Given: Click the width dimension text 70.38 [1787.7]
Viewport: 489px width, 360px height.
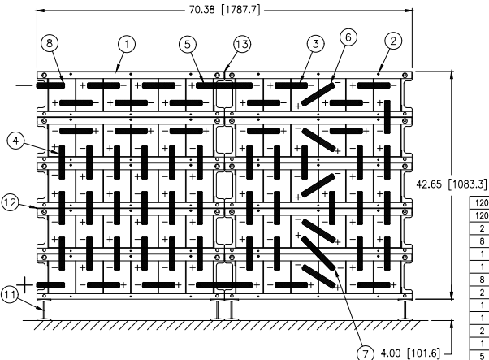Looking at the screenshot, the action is tap(224, 10).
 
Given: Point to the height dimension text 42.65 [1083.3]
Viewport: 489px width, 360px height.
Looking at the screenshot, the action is tap(452, 184).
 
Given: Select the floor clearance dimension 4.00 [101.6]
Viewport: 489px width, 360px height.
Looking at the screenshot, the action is tap(409, 353).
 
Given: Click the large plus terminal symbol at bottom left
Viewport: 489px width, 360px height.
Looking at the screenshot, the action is tap(24, 285).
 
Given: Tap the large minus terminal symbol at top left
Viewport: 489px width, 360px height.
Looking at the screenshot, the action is tap(24, 85).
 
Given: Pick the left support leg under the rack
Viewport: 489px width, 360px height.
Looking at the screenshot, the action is tap(44, 310).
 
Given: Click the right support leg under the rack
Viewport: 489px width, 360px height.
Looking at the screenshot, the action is tap(405, 310).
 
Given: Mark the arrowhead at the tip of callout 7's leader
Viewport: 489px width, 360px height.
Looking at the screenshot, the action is tap(336, 270).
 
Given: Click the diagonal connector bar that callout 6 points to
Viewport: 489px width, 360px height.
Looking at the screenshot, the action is tap(318, 94).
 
